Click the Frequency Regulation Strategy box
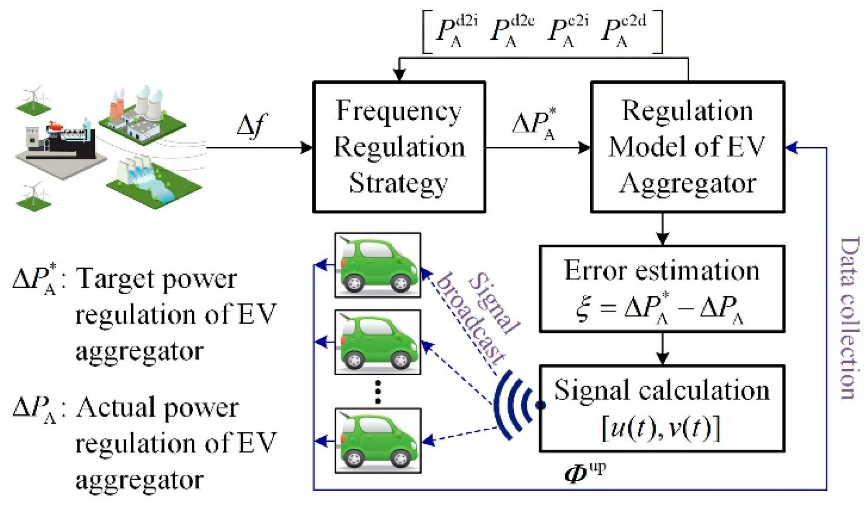(399, 147)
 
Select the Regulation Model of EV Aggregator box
(687, 147)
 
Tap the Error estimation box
(662, 289)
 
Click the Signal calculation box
(662, 408)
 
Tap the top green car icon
(378, 265)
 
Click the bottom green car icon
(378, 441)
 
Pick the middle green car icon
(378, 342)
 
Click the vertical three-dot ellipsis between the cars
(378, 392)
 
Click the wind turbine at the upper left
(33, 97)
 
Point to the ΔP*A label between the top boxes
(534, 124)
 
